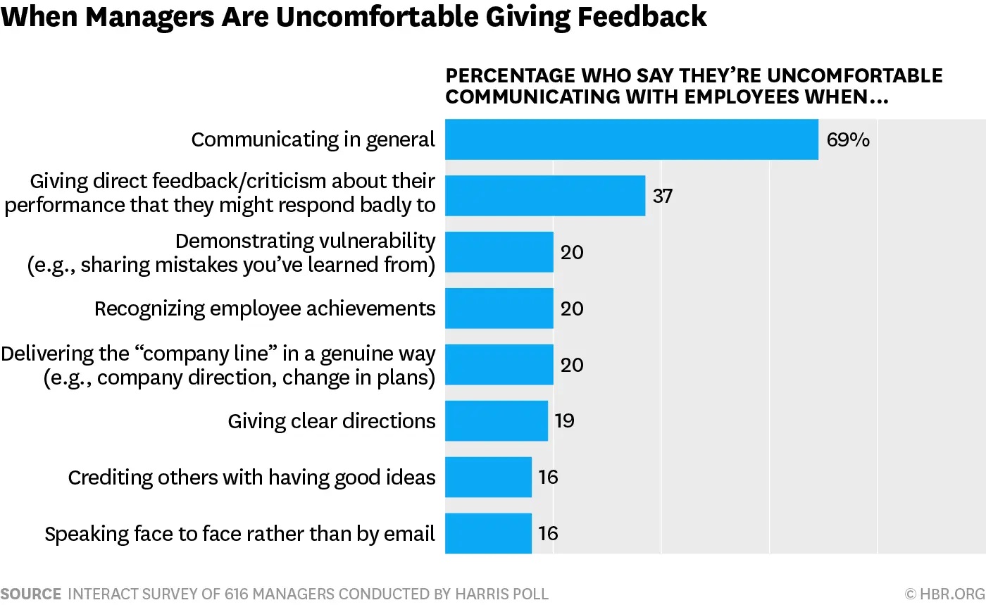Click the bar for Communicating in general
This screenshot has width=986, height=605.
pos(631,139)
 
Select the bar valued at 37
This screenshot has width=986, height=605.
pos(545,196)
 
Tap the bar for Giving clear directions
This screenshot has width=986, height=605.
pos(496,420)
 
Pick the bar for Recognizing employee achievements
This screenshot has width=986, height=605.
pos(499,308)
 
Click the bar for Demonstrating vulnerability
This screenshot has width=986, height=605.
pos(499,252)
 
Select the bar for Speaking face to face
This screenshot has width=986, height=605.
pos(488,533)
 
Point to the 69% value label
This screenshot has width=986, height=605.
pos(848,139)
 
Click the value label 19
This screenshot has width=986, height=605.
pos(565,420)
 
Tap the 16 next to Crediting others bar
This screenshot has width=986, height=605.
pos(548,477)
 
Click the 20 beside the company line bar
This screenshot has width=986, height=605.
pos(572,365)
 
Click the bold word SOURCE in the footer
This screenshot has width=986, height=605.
pos(31,594)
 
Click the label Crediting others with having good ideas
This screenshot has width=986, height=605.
pos(251,478)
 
